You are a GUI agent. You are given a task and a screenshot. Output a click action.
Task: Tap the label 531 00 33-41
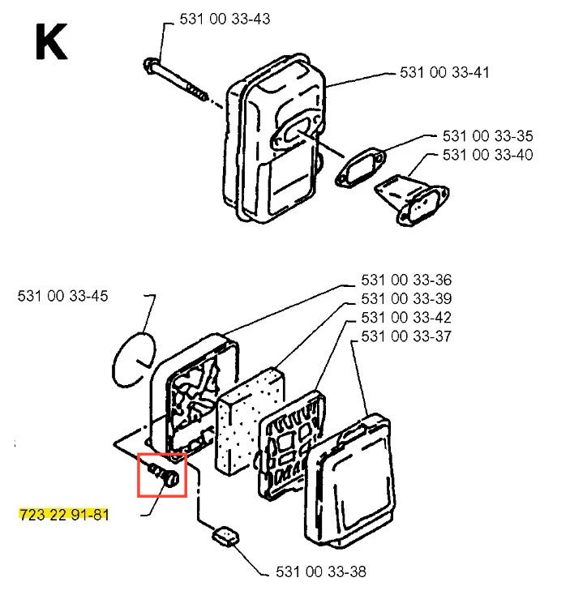click(x=445, y=73)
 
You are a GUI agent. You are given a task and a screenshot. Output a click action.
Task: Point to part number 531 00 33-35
click(x=488, y=136)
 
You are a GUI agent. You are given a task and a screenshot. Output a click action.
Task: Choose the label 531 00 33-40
click(x=488, y=154)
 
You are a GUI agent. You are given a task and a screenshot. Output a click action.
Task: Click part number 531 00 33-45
click(x=62, y=297)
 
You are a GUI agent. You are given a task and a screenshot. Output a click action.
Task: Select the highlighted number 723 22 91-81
click(x=62, y=515)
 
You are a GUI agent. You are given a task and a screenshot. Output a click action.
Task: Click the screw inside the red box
click(x=163, y=474)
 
